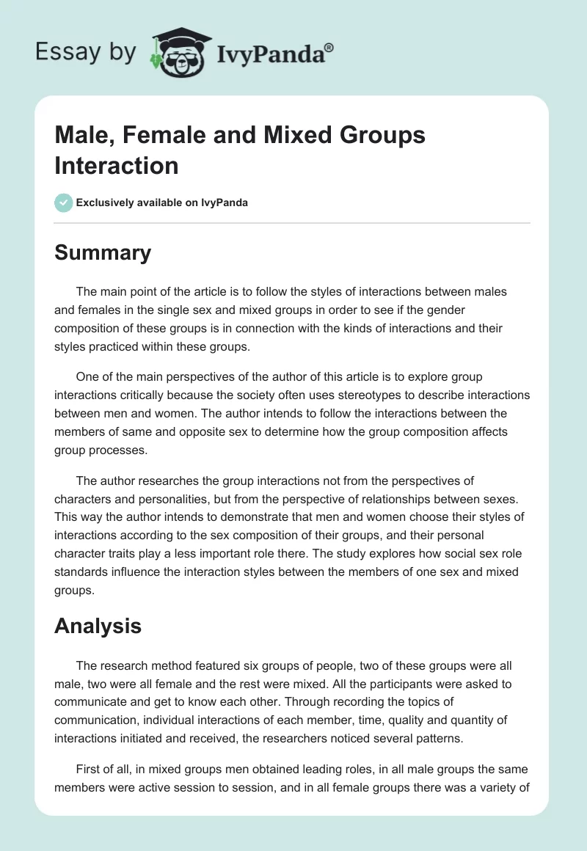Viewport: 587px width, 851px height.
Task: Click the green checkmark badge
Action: pyautogui.click(x=63, y=202)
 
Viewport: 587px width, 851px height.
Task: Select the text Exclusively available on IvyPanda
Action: pyautogui.click(x=162, y=202)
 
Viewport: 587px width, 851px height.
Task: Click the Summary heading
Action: pyautogui.click(x=103, y=252)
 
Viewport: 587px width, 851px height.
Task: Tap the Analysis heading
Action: pyautogui.click(x=98, y=626)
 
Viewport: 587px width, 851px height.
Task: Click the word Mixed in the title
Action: pyautogui.click(x=282, y=135)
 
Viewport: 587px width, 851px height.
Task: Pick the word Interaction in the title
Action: pyautogui.click(x=117, y=165)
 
